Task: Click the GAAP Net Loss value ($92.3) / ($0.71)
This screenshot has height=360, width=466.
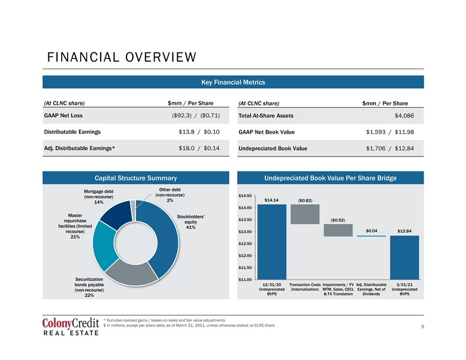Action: (196, 115)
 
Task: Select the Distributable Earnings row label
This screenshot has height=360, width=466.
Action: (72, 132)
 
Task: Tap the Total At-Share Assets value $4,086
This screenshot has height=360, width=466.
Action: (404, 116)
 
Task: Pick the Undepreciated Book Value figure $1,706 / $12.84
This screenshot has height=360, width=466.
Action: (390, 148)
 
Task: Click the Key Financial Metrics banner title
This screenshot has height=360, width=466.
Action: (233, 82)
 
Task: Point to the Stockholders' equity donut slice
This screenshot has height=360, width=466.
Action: (167, 238)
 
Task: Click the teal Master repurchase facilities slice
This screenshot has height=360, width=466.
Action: (104, 245)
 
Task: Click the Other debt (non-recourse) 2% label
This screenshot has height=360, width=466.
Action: (169, 195)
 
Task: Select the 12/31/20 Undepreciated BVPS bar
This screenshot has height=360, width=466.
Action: (272, 242)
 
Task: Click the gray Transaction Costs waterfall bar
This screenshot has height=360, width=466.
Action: (305, 214)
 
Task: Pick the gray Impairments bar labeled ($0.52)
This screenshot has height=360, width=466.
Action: (338, 230)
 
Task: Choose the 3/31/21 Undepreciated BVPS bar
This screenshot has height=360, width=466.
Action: (404, 258)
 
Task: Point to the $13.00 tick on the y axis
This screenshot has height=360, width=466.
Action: (245, 232)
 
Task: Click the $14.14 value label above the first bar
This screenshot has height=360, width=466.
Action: (272, 200)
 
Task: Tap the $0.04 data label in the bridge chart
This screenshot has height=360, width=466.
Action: (371, 231)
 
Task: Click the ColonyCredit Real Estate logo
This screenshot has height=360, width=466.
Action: (71, 326)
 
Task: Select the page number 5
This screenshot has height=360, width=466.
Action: (422, 326)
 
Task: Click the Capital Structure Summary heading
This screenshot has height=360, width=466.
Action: (135, 178)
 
